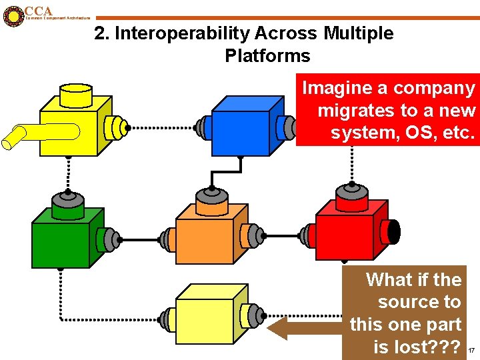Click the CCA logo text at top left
click(x=38, y=11)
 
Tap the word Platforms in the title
click(x=267, y=55)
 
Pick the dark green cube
click(x=61, y=243)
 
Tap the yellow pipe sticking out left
click(x=17, y=137)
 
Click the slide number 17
click(x=470, y=350)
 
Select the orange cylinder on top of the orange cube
click(x=212, y=199)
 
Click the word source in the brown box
click(x=419, y=302)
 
